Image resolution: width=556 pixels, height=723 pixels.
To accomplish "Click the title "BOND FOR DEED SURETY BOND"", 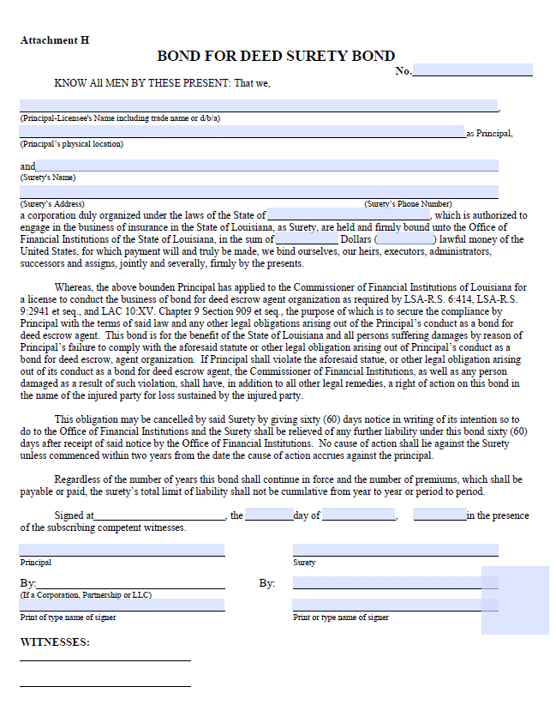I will point(276,56).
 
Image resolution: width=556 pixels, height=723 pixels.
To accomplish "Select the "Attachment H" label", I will point(54,40).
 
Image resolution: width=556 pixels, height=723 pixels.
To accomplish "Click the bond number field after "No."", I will point(472,70).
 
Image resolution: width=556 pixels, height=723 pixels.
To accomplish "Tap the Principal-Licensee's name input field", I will point(259,105).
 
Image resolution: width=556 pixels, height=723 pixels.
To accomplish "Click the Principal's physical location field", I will point(242,132).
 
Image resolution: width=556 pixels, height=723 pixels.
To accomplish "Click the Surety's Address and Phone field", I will point(259,192).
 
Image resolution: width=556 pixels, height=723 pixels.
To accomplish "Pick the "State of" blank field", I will point(349,214).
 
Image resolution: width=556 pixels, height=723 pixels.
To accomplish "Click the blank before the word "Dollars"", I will point(307,239).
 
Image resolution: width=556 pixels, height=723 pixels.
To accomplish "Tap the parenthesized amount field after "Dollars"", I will point(405,239).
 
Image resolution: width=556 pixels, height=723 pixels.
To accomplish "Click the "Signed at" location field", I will point(160,515).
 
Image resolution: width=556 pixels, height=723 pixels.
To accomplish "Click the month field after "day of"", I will point(358,515).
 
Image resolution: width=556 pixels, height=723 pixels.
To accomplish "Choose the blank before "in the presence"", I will point(439,515).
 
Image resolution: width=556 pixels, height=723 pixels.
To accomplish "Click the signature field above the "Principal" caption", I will point(122,550).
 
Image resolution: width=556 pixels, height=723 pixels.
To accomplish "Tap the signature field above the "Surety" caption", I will point(395,550).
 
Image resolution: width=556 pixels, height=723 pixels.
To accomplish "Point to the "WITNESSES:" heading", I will point(54,642).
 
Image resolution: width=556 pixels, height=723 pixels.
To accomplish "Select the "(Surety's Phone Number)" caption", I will point(408,204).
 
